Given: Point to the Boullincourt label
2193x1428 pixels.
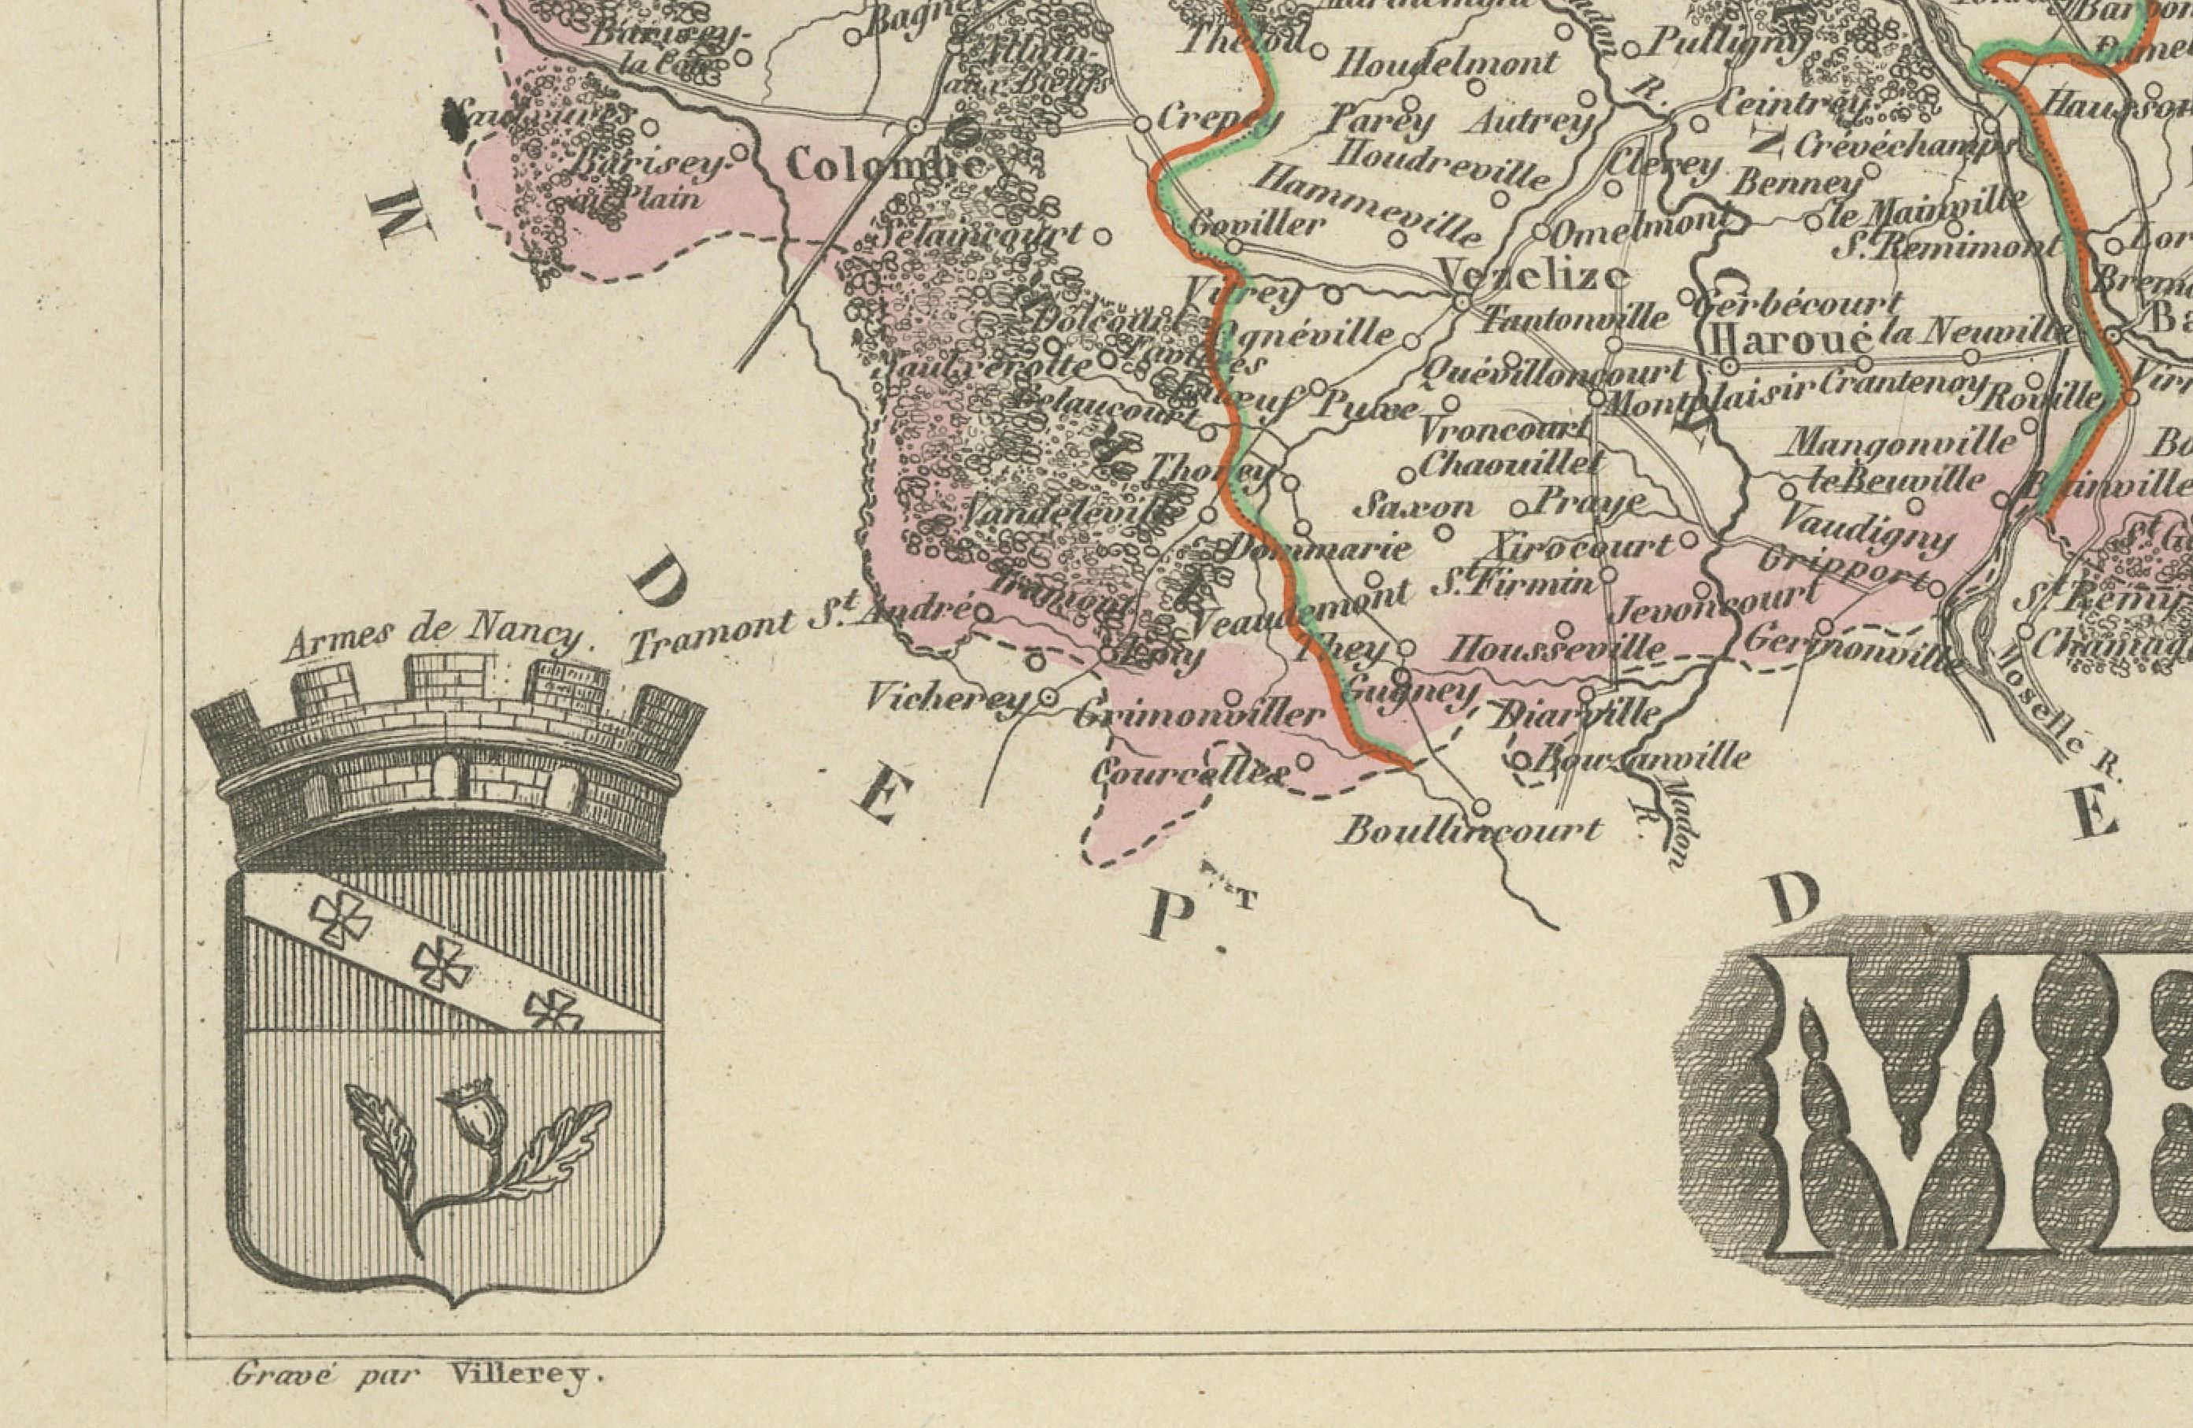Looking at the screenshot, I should pyautogui.click(x=1469, y=832).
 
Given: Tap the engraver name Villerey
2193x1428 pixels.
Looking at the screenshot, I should pyautogui.click(x=526, y=1376).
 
